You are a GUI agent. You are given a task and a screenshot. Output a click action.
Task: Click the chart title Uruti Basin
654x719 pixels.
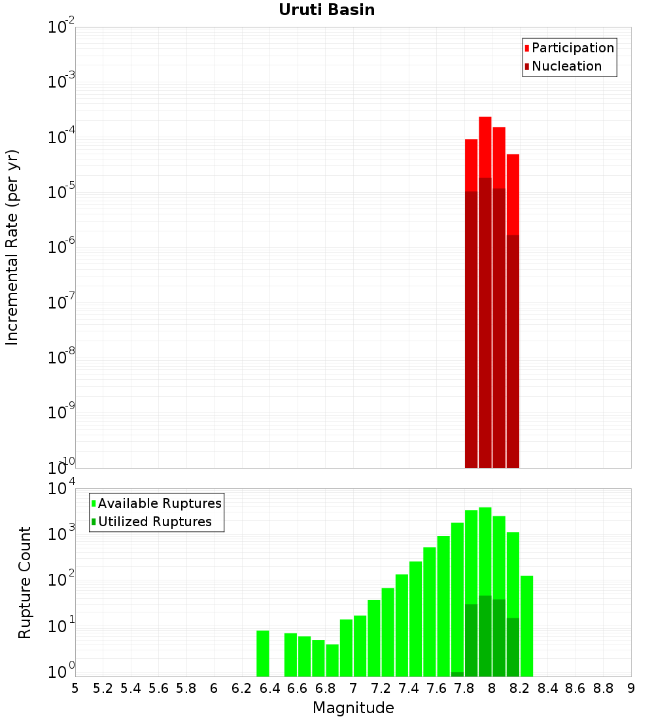pyautogui.click(x=326, y=10)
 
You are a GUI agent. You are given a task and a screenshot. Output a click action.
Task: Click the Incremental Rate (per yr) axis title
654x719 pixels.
pyautogui.click(x=12, y=247)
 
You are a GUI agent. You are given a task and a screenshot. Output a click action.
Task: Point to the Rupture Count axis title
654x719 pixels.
pyautogui.click(x=25, y=582)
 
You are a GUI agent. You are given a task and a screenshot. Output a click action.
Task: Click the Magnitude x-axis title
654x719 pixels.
pyautogui.click(x=353, y=708)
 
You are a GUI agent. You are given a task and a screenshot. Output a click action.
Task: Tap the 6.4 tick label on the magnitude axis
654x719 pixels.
pyautogui.click(x=269, y=688)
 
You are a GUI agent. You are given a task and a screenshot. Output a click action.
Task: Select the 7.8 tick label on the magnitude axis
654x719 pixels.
pyautogui.click(x=464, y=688)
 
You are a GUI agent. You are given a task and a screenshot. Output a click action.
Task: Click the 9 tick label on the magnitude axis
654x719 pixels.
pyautogui.click(x=631, y=688)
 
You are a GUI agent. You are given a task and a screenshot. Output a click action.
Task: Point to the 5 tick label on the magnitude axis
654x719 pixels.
pyautogui.click(x=75, y=688)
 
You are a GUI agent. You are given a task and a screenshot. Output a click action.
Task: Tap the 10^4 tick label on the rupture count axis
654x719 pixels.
pyautogui.click(x=63, y=490)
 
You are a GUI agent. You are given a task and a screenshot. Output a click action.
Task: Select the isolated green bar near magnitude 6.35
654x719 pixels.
pyautogui.click(x=263, y=653)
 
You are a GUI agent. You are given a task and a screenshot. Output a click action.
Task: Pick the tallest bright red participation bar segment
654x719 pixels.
pyautogui.click(x=485, y=146)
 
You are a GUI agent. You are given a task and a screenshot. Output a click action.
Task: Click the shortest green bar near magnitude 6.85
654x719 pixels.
pyautogui.click(x=332, y=660)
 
